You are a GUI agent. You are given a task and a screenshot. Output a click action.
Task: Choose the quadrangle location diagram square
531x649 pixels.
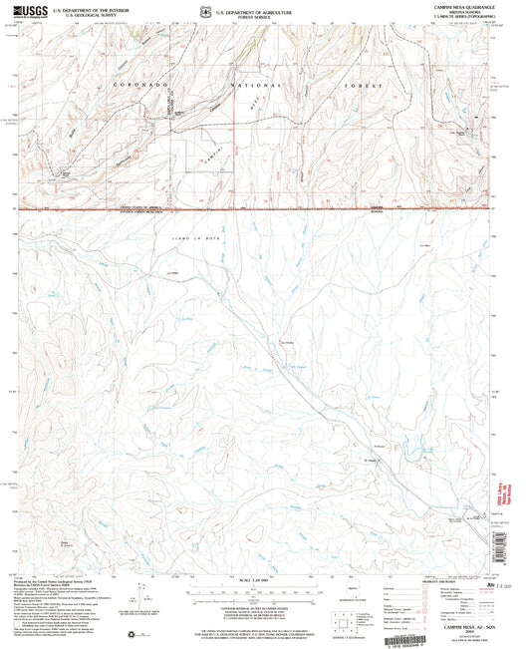348,625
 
